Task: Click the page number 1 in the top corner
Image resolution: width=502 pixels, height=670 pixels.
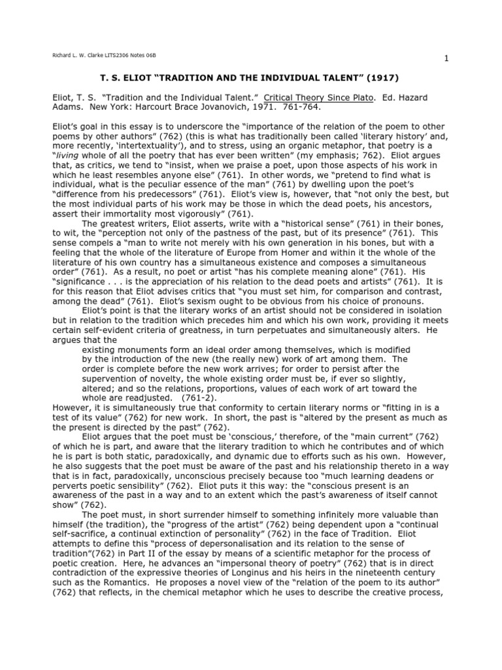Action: [446, 59]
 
